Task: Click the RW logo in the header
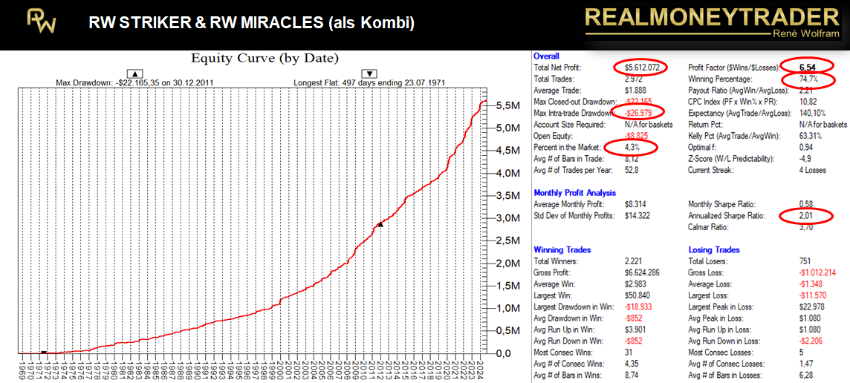[42, 22]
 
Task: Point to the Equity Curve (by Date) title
[265, 58]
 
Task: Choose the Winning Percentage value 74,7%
[797, 79]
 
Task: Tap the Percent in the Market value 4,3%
[633, 147]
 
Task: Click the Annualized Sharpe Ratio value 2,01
[797, 216]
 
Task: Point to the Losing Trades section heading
[714, 250]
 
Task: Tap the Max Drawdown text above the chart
[135, 81]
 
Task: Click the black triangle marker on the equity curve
[380, 223]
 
